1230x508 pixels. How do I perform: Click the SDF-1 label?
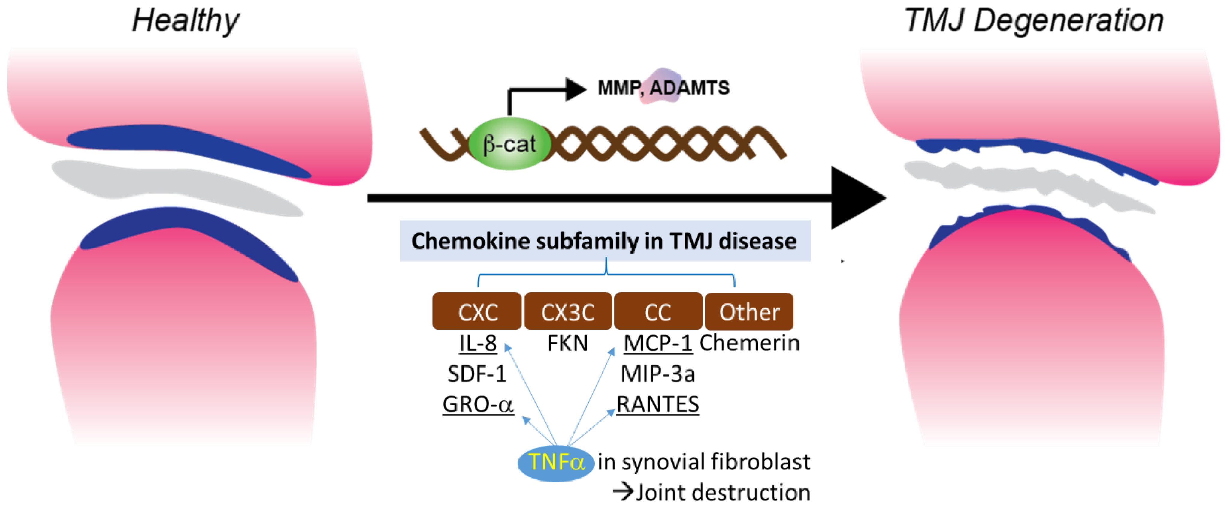(x=477, y=374)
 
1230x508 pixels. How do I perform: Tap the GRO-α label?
(x=478, y=404)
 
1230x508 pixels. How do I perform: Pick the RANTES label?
(x=658, y=404)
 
